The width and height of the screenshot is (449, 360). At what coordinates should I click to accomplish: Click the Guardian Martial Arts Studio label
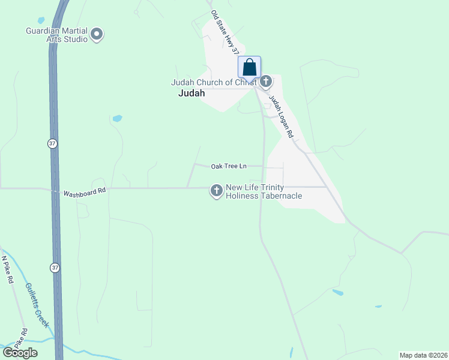(x=56, y=35)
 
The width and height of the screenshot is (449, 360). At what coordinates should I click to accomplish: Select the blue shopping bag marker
(x=250, y=68)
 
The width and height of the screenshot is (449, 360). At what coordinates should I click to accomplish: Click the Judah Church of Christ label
(x=214, y=82)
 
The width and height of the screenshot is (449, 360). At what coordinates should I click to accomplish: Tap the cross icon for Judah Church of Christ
(x=266, y=80)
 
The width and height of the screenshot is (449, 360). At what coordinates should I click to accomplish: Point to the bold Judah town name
(x=192, y=94)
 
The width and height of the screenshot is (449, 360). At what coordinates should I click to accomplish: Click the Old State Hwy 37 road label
(x=225, y=34)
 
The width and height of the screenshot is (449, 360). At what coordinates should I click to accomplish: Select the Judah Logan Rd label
(x=280, y=117)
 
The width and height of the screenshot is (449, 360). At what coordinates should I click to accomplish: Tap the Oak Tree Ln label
(x=229, y=166)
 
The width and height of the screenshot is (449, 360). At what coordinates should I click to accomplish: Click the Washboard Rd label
(x=85, y=192)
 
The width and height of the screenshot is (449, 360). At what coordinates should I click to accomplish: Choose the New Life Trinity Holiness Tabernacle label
(x=264, y=192)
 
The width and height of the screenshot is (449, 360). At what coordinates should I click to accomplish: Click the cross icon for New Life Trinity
(x=216, y=191)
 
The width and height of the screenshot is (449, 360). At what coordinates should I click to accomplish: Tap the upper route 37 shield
(x=53, y=143)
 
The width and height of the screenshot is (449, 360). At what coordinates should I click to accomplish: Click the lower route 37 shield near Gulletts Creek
(x=56, y=267)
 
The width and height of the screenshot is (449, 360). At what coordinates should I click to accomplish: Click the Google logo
(x=19, y=353)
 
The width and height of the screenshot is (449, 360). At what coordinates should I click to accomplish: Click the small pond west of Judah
(x=117, y=118)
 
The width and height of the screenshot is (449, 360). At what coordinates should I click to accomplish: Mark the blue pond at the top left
(x=41, y=20)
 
